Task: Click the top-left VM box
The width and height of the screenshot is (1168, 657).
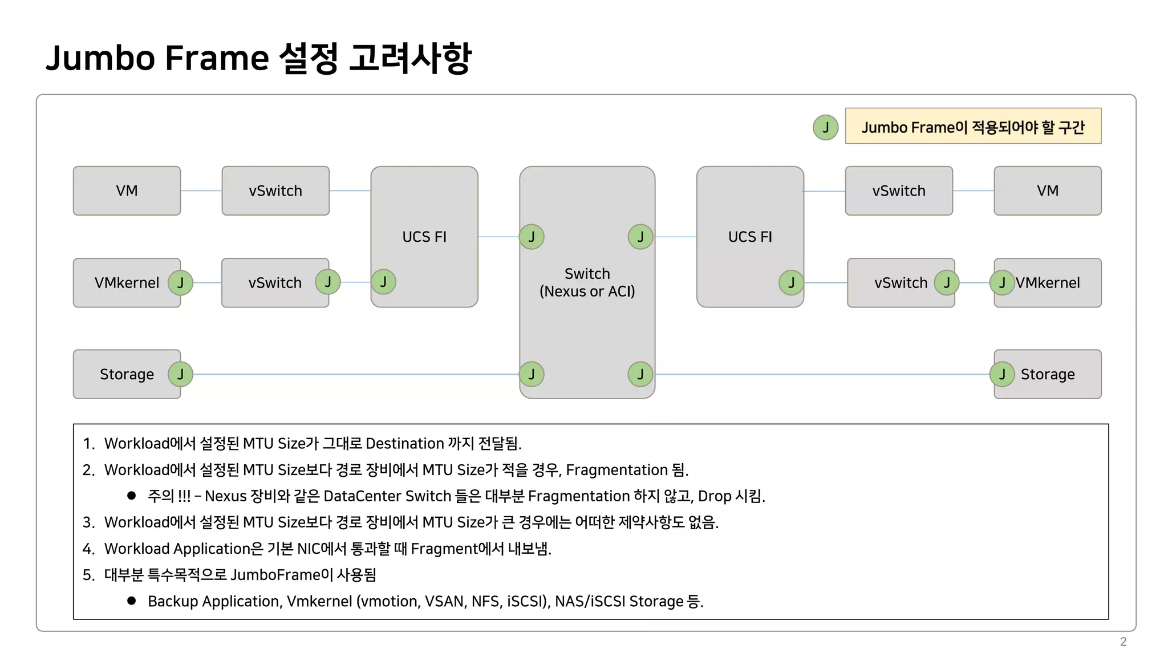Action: click(127, 190)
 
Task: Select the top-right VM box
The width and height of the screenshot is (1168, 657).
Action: click(1047, 190)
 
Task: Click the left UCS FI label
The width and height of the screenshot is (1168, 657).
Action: click(424, 237)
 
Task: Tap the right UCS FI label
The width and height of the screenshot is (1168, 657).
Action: click(750, 237)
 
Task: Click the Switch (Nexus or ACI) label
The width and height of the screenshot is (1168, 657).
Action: click(587, 282)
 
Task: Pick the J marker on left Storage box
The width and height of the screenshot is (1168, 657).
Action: click(180, 374)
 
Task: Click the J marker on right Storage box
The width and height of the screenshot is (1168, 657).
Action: click(1002, 374)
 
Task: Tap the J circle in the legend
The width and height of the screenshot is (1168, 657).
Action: click(825, 127)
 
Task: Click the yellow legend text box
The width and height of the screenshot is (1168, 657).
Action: click(973, 126)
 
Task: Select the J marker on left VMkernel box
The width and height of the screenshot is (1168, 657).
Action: click(180, 282)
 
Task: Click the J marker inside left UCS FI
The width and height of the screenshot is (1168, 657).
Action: click(383, 282)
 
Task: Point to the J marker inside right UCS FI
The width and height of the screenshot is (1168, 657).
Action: click(791, 282)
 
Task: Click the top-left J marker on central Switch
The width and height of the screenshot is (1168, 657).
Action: click(532, 237)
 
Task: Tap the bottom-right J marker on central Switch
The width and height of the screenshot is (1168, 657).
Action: click(640, 374)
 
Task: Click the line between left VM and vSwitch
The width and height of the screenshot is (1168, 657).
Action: click(201, 190)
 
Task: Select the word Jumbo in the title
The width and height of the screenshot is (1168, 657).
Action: click(100, 58)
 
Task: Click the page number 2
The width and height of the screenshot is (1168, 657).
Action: click(1123, 642)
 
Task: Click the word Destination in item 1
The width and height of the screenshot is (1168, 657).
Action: click(404, 443)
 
